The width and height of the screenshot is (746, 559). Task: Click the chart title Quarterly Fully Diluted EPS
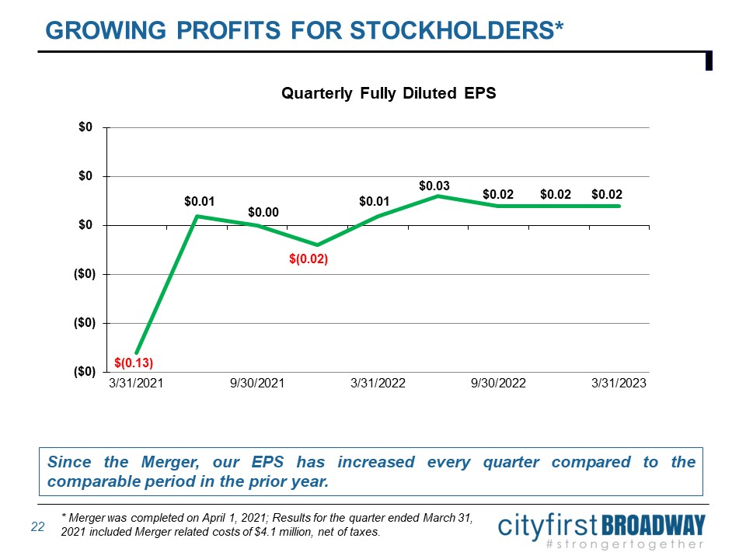pos(388,93)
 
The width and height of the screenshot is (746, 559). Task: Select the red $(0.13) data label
pos(133,363)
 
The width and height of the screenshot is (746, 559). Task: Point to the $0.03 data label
pos(434,186)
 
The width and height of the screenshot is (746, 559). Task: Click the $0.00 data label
pos(263,212)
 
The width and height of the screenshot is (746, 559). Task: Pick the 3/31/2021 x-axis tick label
pos(137,384)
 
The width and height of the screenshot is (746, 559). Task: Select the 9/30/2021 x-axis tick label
pos(257,384)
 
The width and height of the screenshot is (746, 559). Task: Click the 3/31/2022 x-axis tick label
pos(378,384)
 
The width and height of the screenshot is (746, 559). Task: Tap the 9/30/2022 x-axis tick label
pos(498,384)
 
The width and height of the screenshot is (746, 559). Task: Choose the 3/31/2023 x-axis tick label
pos(619,384)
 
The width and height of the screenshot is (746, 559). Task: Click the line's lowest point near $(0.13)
pos(137,353)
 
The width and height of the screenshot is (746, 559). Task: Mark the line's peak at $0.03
pos(438,196)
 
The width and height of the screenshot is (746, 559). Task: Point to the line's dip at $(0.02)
pos(317,245)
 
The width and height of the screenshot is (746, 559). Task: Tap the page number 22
pos(37,527)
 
